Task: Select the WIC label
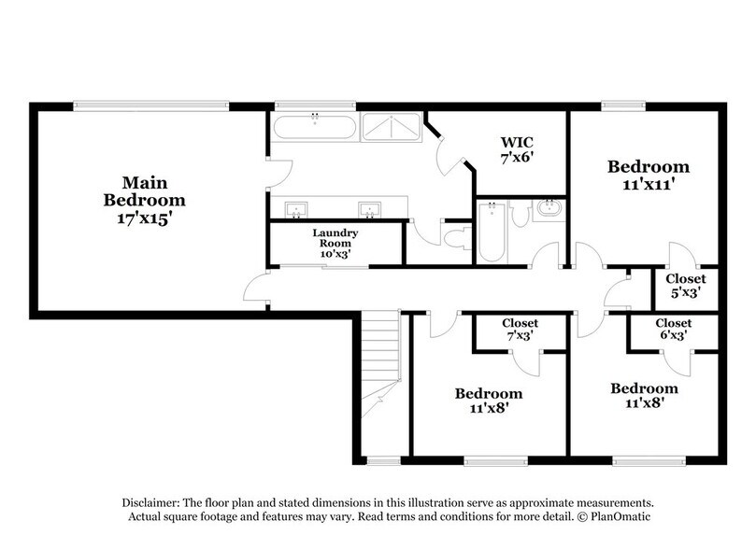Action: coord(518,142)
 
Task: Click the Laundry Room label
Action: coord(335,236)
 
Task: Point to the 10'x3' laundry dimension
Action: coord(335,254)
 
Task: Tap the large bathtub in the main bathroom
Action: coord(314,126)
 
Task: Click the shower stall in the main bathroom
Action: coord(391,126)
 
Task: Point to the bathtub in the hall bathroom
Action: coord(491,233)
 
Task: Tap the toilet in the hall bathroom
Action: coord(521,215)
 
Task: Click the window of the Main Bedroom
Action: coord(150,106)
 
